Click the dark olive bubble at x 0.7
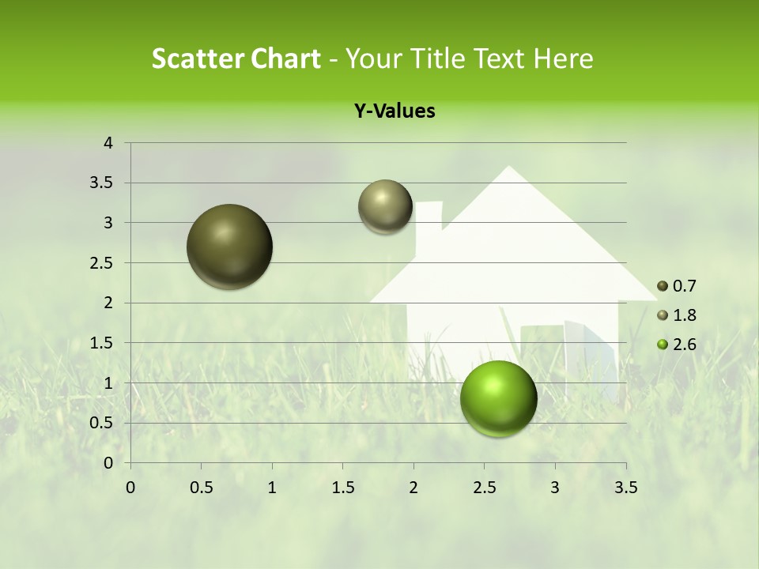pos(230,247)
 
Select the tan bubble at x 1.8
pos(385,206)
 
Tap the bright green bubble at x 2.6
pos(498,398)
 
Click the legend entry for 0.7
pos(677,286)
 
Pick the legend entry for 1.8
pos(677,315)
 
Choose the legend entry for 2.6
pos(677,344)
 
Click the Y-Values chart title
pos(395,111)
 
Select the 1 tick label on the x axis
pos(272,488)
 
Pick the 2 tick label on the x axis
pos(413,488)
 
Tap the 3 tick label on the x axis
pos(555,488)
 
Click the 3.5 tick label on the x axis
pos(626,488)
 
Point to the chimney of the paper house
pos(429,225)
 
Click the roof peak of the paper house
pos(508,168)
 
